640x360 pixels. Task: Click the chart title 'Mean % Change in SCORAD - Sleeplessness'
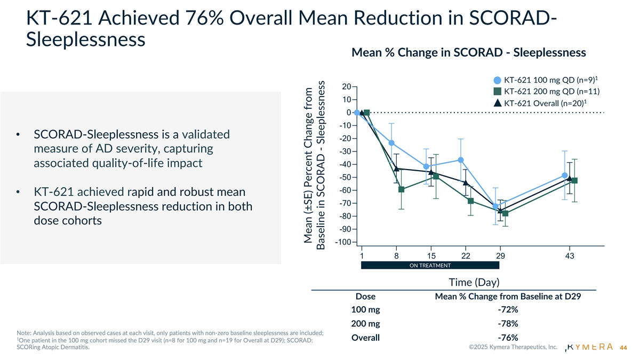pyautogui.click(x=469, y=53)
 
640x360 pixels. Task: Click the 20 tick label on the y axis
pyautogui.click(x=346, y=87)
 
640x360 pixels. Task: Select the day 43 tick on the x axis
pyautogui.click(x=570, y=256)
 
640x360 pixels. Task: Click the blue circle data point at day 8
pyautogui.click(x=391, y=143)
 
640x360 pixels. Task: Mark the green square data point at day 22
pyautogui.click(x=471, y=201)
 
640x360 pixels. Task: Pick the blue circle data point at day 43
pyautogui.click(x=564, y=175)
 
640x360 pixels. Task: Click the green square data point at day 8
pyautogui.click(x=401, y=189)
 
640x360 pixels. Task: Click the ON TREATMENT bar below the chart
pyautogui.click(x=430, y=266)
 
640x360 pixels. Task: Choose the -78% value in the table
pyautogui.click(x=507, y=324)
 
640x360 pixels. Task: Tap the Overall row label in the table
pyautogui.click(x=365, y=338)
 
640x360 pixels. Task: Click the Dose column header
pyautogui.click(x=365, y=297)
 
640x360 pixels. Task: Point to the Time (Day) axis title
pyautogui.click(x=468, y=282)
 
